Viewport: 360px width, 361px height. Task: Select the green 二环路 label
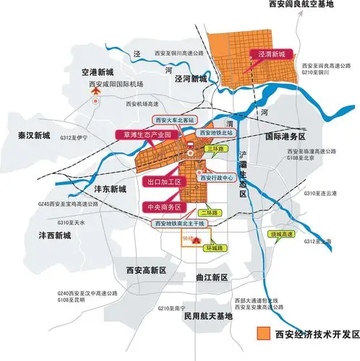click(212, 214)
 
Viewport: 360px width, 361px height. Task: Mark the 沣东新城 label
click(109, 188)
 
